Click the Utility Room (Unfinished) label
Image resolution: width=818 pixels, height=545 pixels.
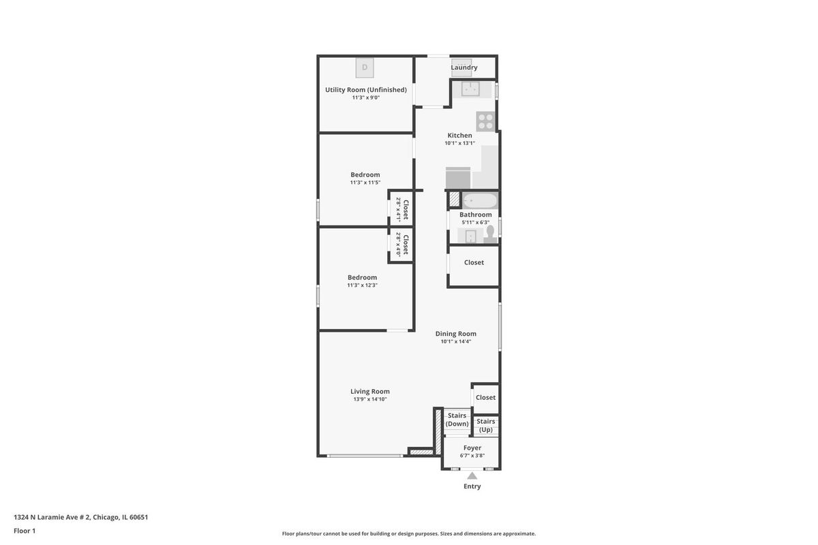[x=366, y=90]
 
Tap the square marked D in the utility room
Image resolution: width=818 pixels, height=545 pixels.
[x=365, y=67]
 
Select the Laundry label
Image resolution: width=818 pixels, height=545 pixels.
[x=464, y=67]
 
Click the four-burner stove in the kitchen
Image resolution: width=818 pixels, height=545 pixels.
[x=485, y=121]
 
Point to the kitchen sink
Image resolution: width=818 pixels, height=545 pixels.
[x=470, y=89]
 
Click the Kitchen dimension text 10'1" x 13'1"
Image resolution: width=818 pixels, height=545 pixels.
[x=459, y=143]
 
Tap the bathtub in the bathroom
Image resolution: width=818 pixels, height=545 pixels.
[x=480, y=201]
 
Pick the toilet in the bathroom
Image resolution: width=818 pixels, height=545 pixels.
[x=490, y=234]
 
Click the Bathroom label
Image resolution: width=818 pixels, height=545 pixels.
[x=476, y=215]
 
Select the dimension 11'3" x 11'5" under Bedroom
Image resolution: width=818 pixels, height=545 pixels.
[x=365, y=183]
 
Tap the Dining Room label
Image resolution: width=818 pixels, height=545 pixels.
[x=456, y=334]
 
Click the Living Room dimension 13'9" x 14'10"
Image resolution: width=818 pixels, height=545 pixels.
[x=370, y=399]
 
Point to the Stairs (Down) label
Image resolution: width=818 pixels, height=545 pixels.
[x=457, y=420]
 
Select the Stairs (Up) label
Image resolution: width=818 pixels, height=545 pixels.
[x=485, y=426]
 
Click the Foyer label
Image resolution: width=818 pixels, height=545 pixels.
[x=472, y=448]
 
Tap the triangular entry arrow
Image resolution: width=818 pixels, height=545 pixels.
[x=472, y=476]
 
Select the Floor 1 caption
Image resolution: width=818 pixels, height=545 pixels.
[x=25, y=531]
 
